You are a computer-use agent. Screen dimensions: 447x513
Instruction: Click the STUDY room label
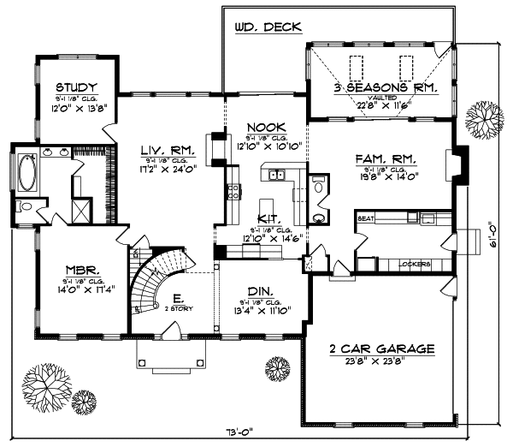click(76, 87)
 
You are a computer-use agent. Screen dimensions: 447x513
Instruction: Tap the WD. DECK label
click(267, 27)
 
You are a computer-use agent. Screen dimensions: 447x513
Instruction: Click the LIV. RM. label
click(168, 150)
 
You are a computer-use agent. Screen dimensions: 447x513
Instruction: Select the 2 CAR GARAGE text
click(382, 349)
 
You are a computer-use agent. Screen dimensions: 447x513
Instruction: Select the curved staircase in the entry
click(156, 283)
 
